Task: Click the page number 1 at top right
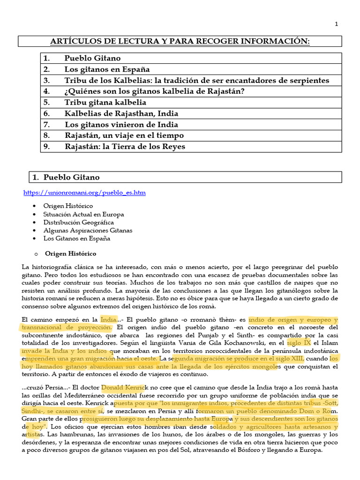(x=336, y=24)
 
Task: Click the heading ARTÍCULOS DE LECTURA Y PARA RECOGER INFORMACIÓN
(x=180, y=42)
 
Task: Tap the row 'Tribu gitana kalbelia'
(x=105, y=102)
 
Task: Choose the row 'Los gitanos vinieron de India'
(x=121, y=124)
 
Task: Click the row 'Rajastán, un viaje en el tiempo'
(x=124, y=135)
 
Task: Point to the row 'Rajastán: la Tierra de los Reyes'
(x=125, y=146)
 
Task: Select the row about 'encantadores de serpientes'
(x=197, y=81)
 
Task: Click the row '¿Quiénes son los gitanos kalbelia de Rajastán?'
(x=154, y=91)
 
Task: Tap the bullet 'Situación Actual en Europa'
(x=83, y=214)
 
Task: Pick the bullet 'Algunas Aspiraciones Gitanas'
(x=88, y=230)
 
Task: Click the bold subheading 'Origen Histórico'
(x=70, y=254)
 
